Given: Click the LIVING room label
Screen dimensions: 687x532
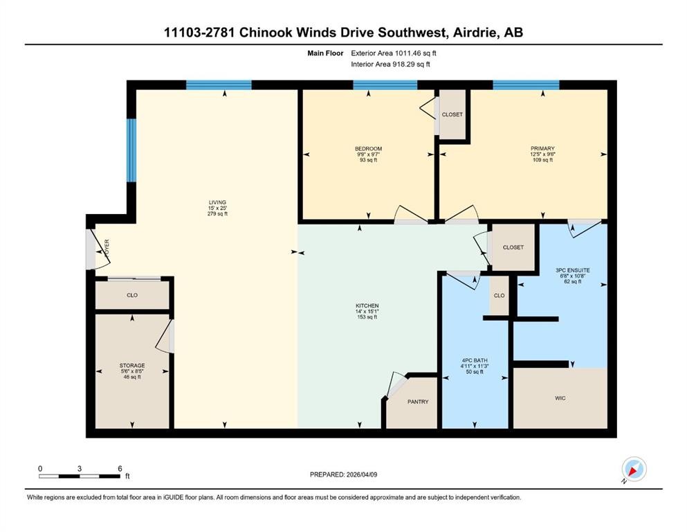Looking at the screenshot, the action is (217, 203).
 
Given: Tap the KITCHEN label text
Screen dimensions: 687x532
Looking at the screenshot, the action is (367, 305).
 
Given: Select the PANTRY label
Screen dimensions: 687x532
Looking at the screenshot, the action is (418, 402).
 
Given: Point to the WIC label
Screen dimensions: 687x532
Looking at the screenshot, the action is (560, 398).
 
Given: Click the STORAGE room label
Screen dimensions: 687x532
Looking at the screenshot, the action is (132, 365).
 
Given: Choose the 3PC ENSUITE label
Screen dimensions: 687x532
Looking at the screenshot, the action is (573, 270).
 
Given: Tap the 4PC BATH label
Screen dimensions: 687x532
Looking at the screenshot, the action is (475, 360).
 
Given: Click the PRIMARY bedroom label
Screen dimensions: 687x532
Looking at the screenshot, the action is (542, 149).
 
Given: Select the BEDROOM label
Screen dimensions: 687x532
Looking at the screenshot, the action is (369, 149).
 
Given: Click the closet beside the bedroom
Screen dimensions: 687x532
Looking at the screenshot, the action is (452, 114).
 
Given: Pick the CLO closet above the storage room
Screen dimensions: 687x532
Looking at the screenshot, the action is (132, 295).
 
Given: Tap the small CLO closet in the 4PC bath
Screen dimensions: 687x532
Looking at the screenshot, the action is (499, 296).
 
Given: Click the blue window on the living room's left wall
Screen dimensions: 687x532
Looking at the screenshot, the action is (131, 150).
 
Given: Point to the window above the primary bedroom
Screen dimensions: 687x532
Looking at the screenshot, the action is (526, 85).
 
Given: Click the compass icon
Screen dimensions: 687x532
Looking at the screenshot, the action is (634, 469).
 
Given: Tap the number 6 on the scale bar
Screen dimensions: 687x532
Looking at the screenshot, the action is (120, 468).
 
